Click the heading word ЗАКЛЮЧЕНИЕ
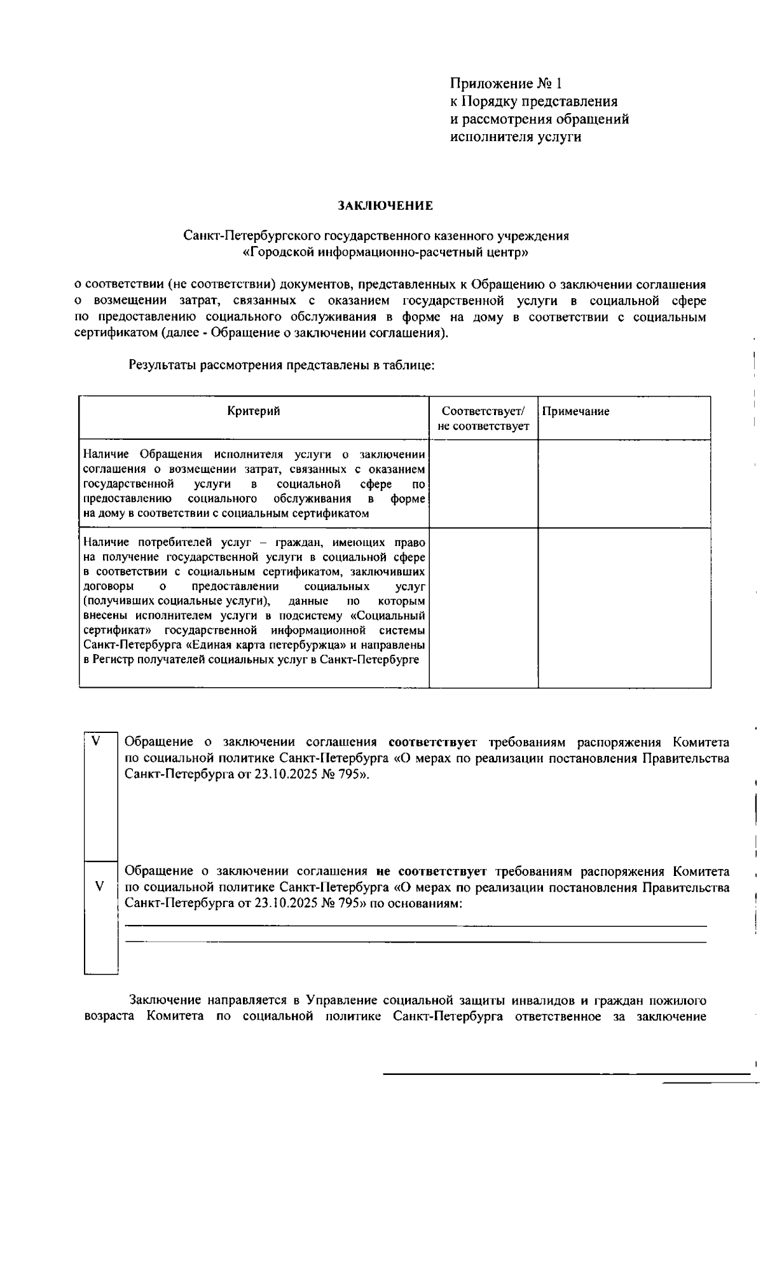click(385, 206)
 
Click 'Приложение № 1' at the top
click(506, 84)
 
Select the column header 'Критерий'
click(254, 411)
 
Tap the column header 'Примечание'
click(575, 411)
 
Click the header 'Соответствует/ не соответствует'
click(483, 418)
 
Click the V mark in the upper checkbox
click(97, 741)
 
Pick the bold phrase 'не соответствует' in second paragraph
click(431, 872)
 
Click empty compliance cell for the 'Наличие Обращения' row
click(483, 483)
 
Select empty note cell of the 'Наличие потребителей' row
click(624, 607)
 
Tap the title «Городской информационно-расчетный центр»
click(385, 252)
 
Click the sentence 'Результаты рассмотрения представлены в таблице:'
click(282, 366)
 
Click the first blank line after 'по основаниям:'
click(416, 925)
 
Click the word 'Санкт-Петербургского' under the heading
click(253, 236)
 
